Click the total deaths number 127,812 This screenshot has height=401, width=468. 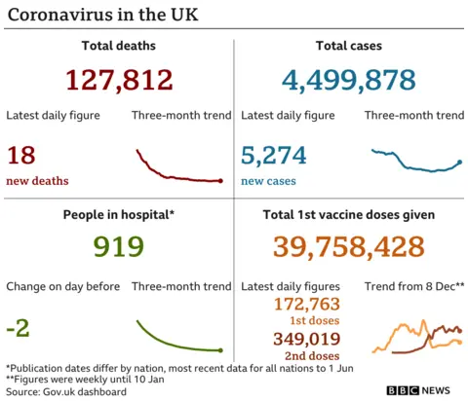click(x=120, y=80)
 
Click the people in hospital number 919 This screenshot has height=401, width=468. click(x=118, y=247)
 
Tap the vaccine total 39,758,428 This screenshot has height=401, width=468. click(x=348, y=247)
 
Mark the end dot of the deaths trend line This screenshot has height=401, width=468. click(x=221, y=181)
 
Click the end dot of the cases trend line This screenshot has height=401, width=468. click(x=459, y=162)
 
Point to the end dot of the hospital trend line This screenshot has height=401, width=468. click(x=221, y=350)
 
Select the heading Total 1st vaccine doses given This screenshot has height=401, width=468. click(x=348, y=214)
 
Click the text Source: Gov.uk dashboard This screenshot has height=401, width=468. click(x=66, y=391)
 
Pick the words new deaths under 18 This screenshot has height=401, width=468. click(x=37, y=181)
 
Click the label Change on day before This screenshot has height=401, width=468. click(x=62, y=286)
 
